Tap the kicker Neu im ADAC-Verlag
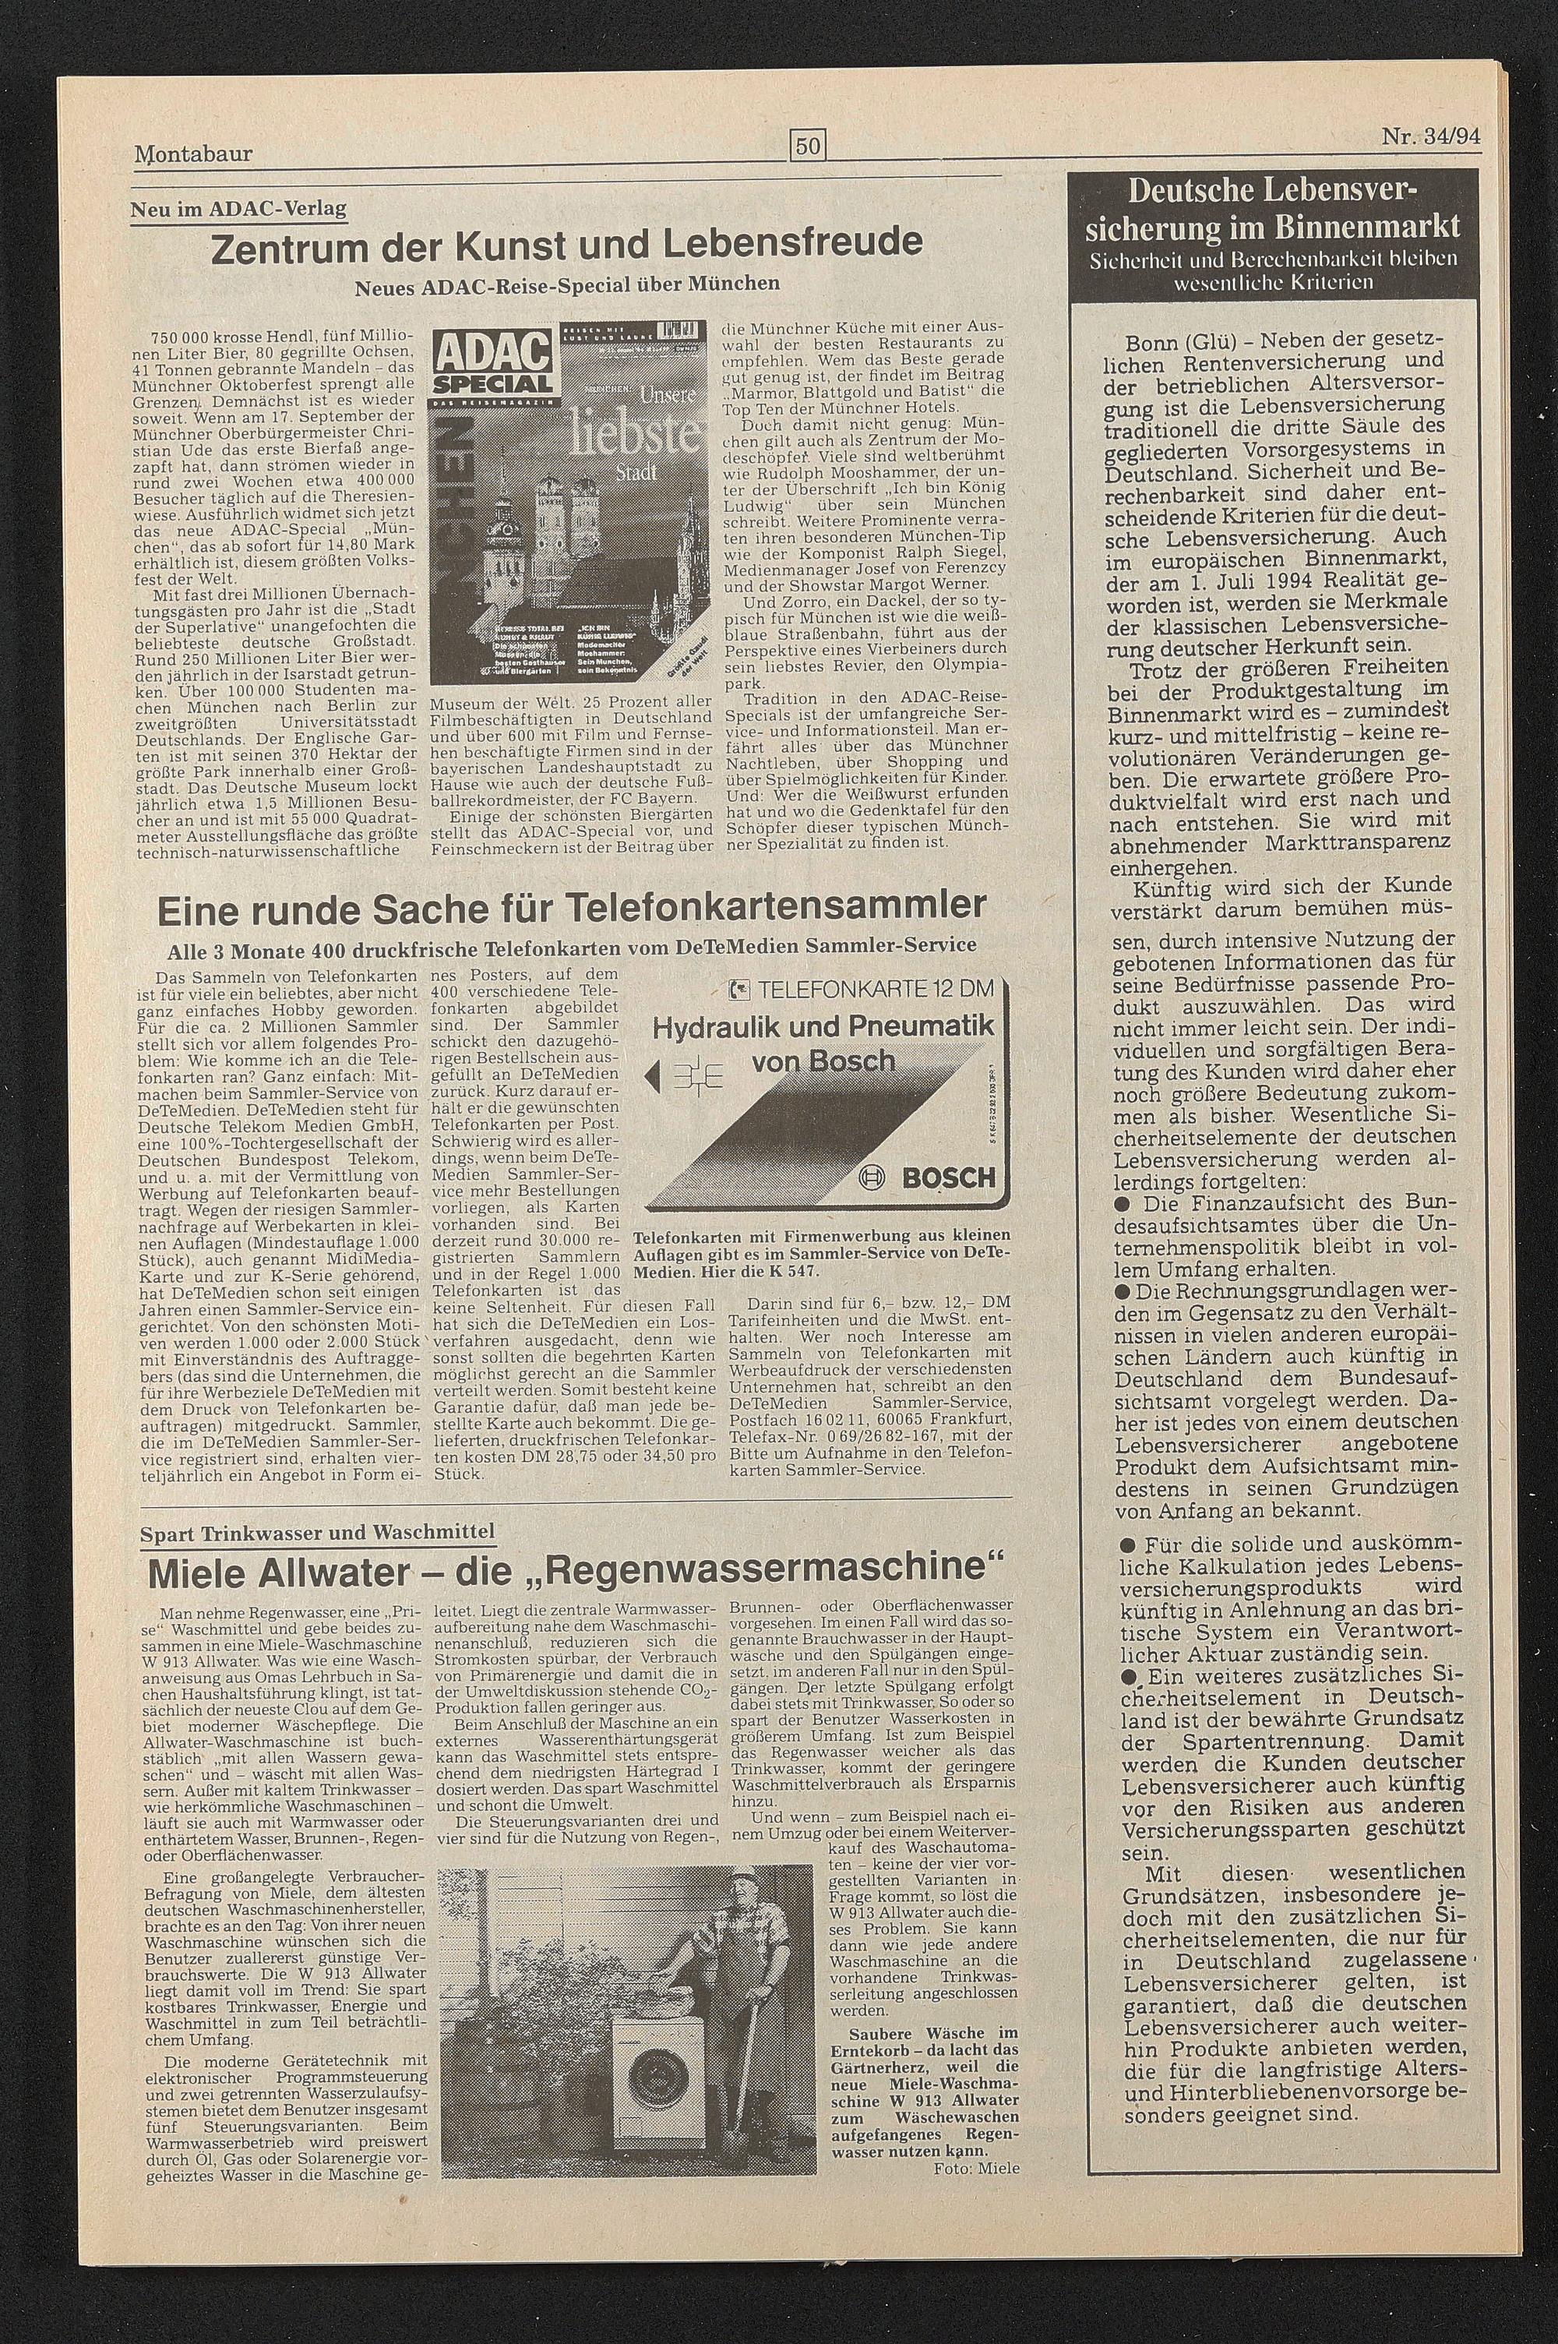coord(238,209)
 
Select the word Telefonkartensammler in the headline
coord(775,906)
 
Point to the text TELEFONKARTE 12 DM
coord(859,990)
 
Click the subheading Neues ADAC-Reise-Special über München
coord(567,285)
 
